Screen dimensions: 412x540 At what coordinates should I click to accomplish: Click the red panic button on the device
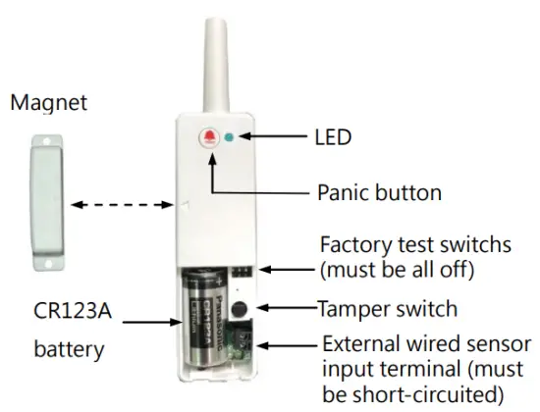(209, 137)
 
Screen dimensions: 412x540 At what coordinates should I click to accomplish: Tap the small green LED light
(230, 138)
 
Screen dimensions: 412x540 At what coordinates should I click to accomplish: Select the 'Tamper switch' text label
(387, 309)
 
